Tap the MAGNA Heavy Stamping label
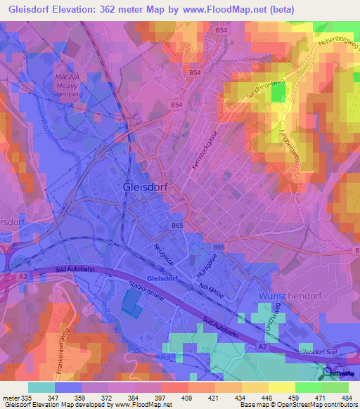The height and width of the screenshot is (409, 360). [x=68, y=85]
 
